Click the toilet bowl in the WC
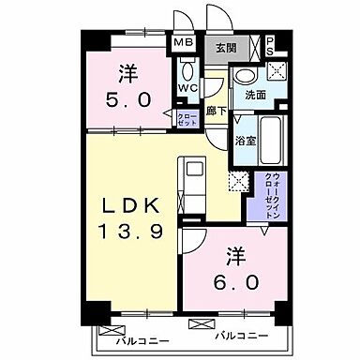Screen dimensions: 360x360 [x=187, y=71]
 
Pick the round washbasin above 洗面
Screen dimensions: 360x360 [x=246, y=78]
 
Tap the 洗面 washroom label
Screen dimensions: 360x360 [x=256, y=96]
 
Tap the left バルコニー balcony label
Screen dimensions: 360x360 [x=137, y=341]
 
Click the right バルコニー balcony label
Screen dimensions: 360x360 [x=242, y=335]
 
